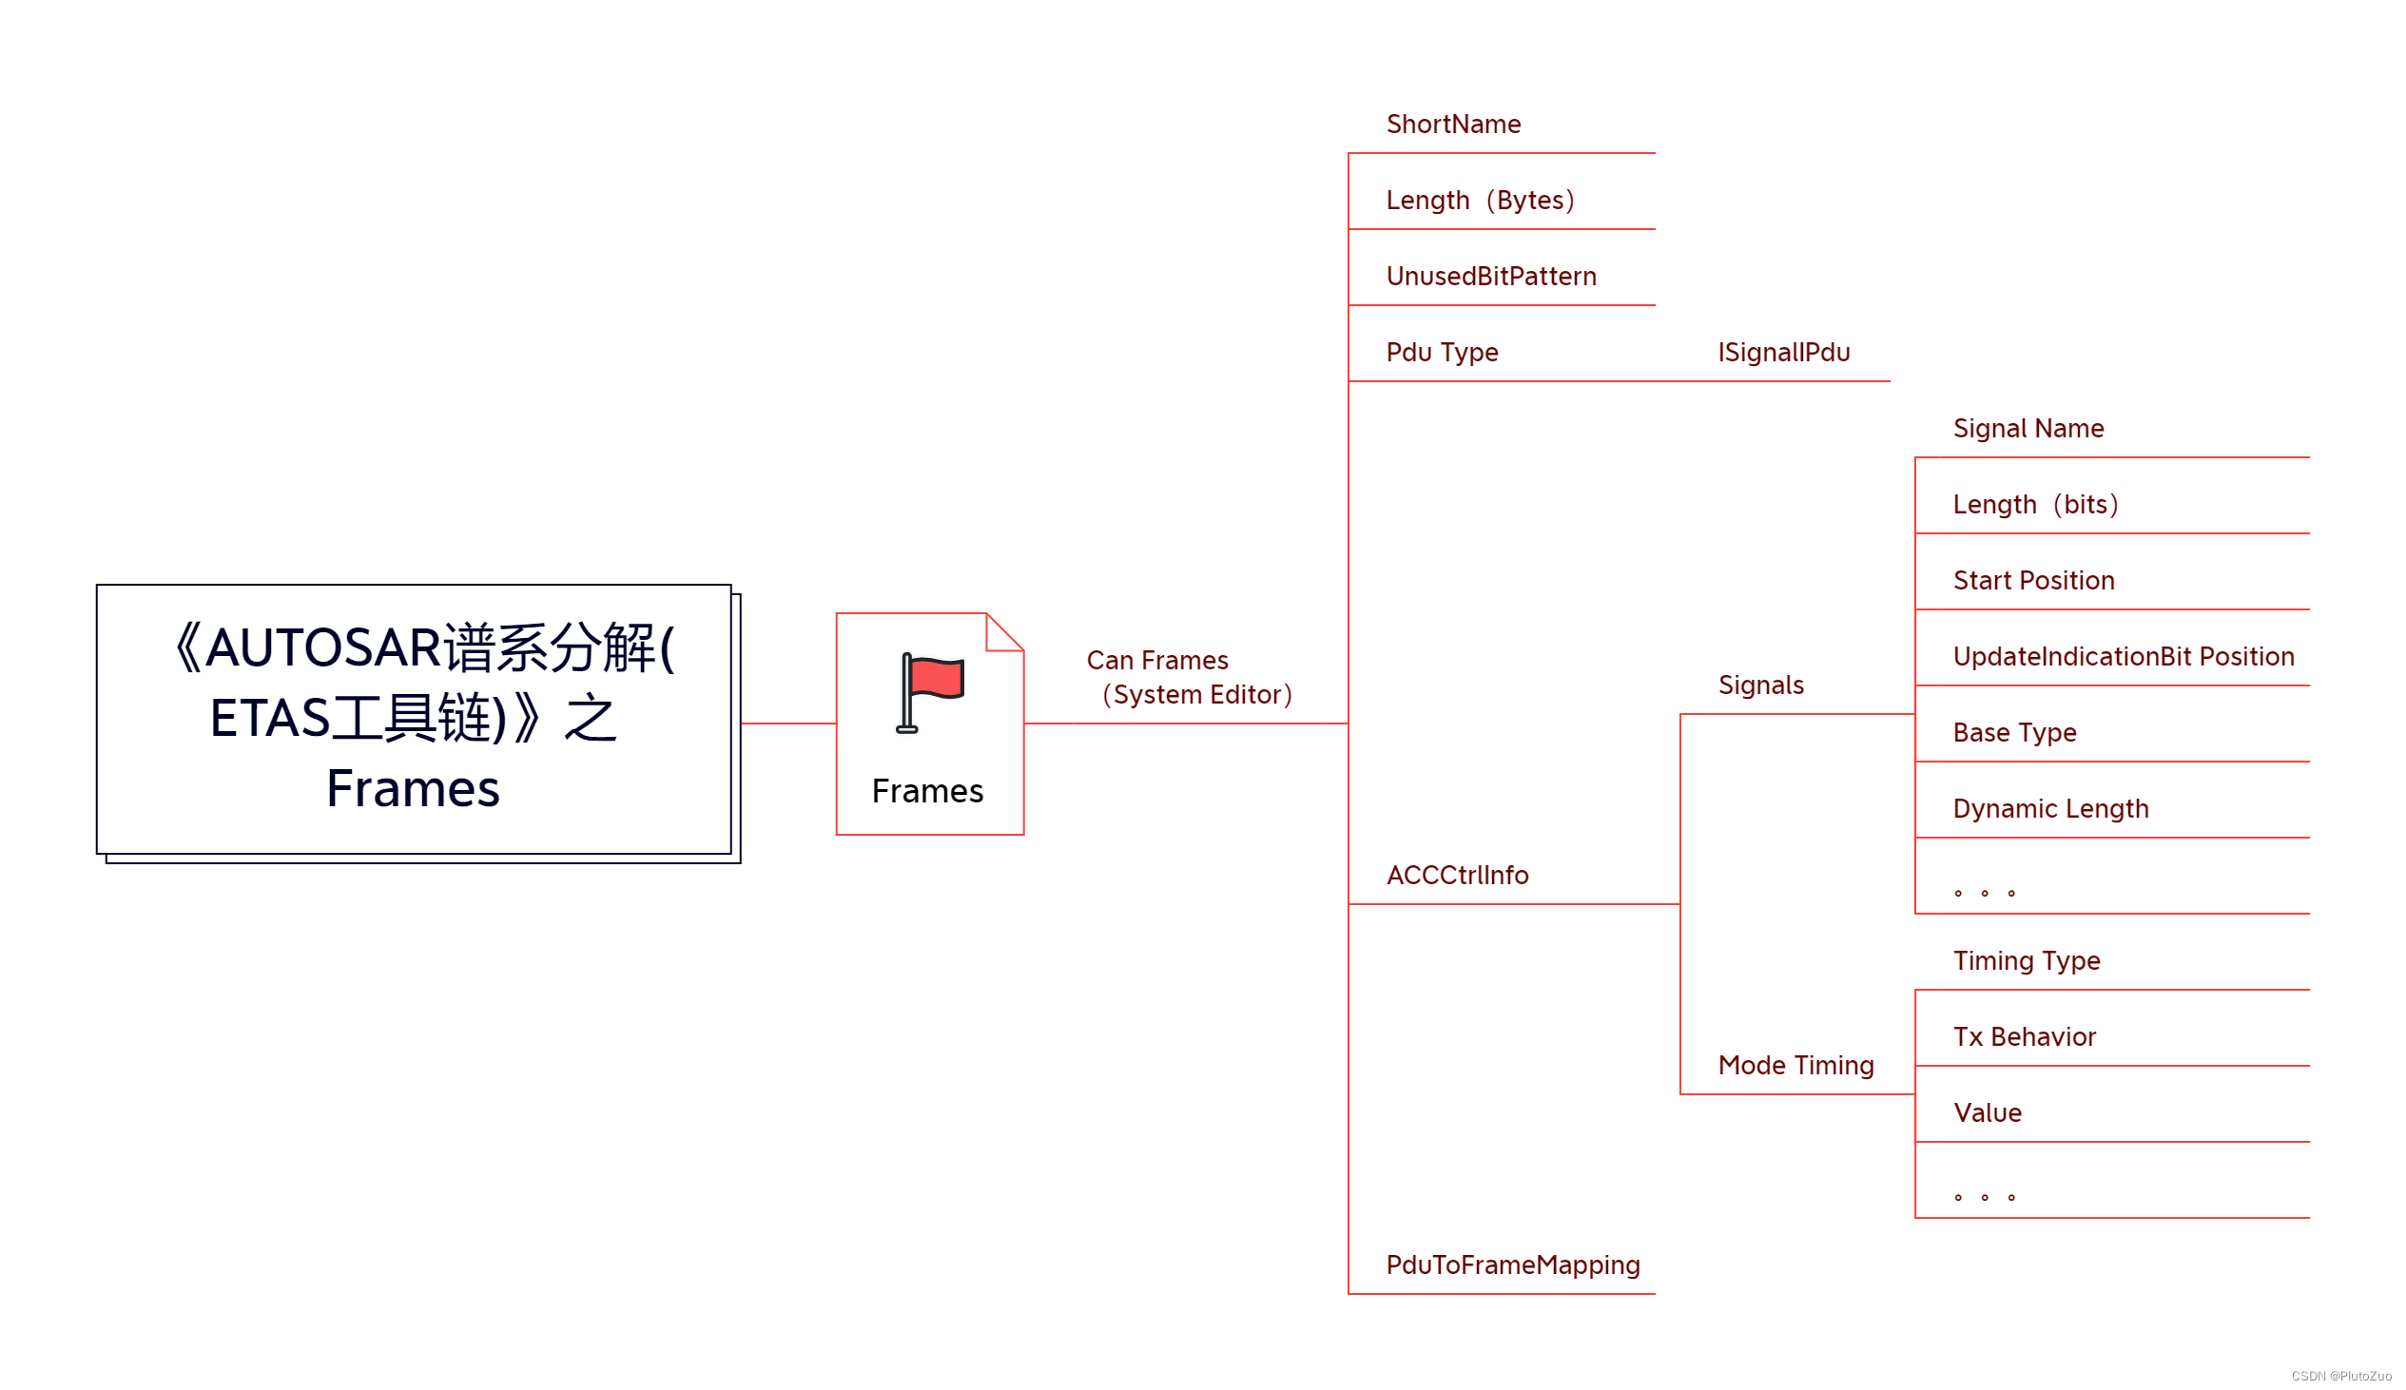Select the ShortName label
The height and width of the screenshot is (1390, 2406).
1453,125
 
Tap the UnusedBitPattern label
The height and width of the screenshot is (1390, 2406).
1491,277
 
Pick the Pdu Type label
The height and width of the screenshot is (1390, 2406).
1442,353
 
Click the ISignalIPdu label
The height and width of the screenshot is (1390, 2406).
1783,353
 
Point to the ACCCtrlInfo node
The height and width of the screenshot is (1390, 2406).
1457,876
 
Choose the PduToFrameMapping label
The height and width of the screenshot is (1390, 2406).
1512,1265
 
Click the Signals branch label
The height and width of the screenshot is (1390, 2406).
1760,685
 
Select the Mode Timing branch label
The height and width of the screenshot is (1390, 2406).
1795,1066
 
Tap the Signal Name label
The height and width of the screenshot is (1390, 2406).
2028,429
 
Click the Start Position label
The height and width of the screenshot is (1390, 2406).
2033,581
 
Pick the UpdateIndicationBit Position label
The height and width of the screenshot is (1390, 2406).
2124,657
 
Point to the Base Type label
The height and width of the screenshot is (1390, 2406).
2014,732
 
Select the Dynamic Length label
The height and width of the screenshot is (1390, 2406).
2051,808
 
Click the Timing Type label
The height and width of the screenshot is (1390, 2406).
2026,960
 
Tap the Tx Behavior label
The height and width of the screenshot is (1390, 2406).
2024,1036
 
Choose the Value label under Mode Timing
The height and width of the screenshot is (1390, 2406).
1988,1113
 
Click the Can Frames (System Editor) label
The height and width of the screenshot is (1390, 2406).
1189,678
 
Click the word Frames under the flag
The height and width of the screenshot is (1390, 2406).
927,791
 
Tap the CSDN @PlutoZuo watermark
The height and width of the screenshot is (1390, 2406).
2341,1376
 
